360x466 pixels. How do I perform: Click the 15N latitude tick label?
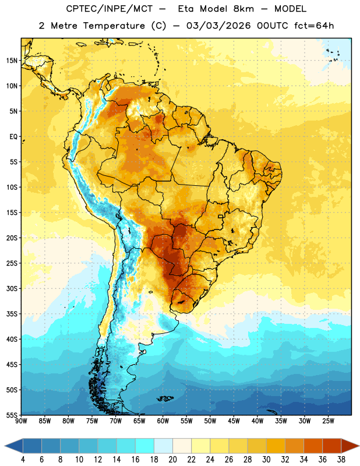click(11, 61)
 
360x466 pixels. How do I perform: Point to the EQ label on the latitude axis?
click(13, 137)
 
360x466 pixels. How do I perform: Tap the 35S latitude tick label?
click(11, 314)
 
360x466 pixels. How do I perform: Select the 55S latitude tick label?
click(11, 415)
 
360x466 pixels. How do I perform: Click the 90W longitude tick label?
click(21, 421)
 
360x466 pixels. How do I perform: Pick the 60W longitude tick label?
click(163, 421)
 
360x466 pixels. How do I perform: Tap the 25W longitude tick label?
click(328, 421)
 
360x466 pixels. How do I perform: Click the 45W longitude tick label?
click(234, 421)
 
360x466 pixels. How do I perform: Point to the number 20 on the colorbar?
click(172, 459)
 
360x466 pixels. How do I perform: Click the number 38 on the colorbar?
click(341, 459)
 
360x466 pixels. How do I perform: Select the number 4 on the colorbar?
click(23, 459)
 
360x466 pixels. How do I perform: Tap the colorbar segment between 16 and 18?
click(145, 446)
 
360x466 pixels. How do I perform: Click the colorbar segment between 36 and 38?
click(332, 446)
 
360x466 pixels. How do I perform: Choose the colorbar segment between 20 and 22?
click(182, 446)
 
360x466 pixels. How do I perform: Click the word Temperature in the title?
click(114, 26)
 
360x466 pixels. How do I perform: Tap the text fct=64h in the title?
click(314, 26)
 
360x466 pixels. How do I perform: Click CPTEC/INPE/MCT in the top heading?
click(110, 9)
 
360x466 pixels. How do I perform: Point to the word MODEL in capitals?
click(290, 9)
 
